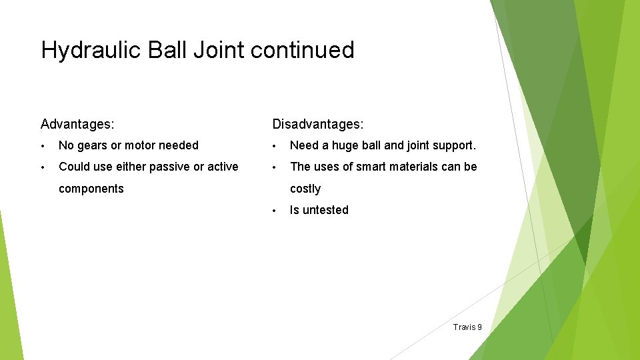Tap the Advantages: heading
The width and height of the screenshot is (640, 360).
click(x=77, y=124)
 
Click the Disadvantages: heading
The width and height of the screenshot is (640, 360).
click(x=317, y=124)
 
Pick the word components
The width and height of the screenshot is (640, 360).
click(x=91, y=189)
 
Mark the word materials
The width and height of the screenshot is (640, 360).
click(x=415, y=167)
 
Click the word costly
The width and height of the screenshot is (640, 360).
click(x=305, y=189)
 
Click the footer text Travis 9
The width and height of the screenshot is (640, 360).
click(x=467, y=327)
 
